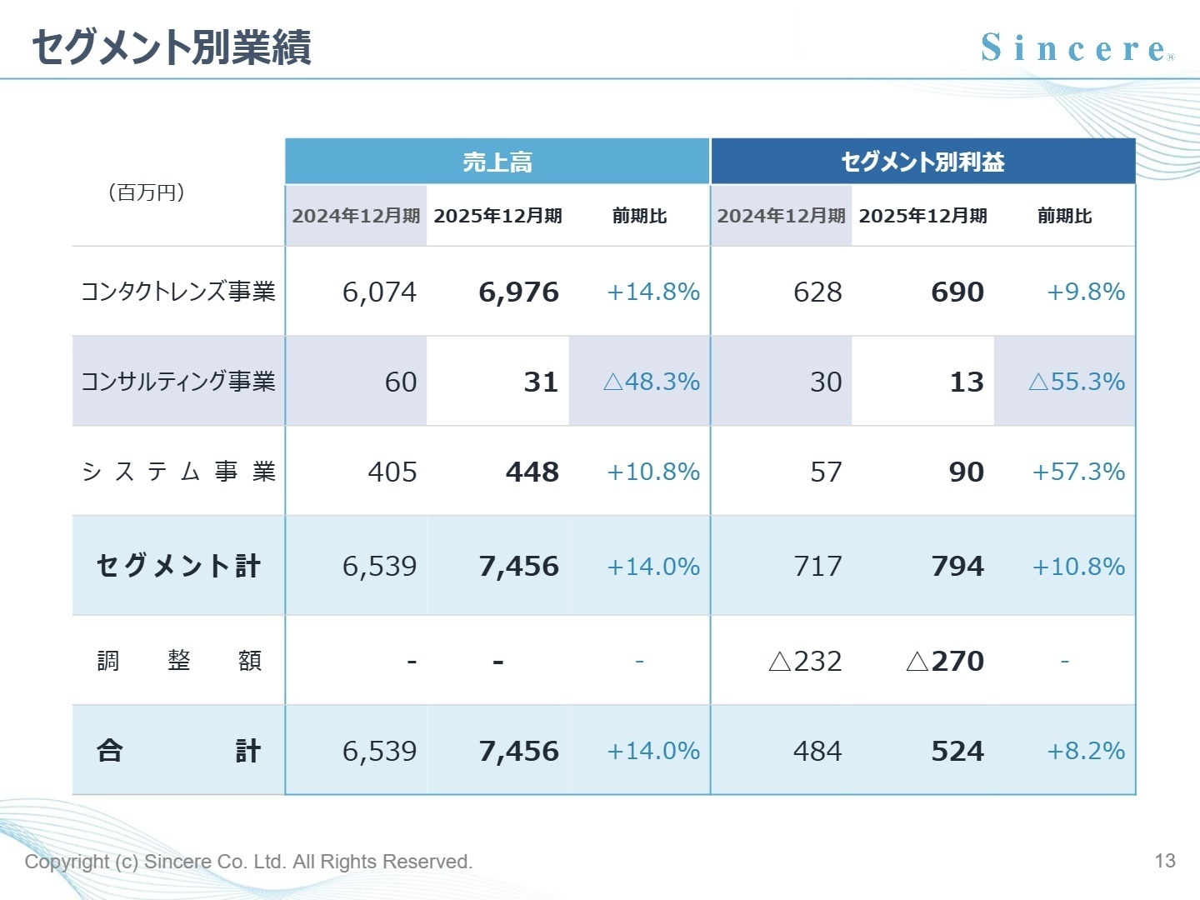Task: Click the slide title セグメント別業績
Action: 172,47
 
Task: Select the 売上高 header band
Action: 497,162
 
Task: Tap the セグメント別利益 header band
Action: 922,162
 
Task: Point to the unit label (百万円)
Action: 147,192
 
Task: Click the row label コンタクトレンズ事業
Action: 177,292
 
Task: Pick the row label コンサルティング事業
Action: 177,382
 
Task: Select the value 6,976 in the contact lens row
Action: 518,292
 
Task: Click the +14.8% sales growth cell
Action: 652,292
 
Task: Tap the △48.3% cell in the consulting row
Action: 651,382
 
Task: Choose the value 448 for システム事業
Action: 532,472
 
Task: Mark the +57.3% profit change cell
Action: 1078,472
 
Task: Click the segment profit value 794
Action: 957,567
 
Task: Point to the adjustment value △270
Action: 944,662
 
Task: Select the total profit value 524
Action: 957,752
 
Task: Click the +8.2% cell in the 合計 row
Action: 1085,752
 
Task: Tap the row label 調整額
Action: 179,662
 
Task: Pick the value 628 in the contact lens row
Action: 817,292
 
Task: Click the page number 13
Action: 1165,861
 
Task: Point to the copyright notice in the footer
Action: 248,862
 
